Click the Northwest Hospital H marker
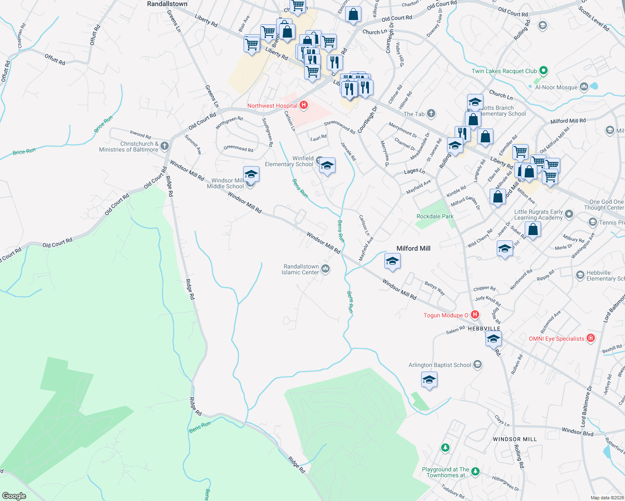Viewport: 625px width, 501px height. click(x=304, y=106)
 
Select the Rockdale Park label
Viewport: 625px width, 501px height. click(x=435, y=216)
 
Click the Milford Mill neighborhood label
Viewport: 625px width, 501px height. click(x=413, y=248)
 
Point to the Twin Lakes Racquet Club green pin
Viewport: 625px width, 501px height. click(x=544, y=71)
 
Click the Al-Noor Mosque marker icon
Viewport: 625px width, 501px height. click(x=584, y=87)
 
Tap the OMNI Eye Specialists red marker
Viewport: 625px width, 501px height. click(x=591, y=338)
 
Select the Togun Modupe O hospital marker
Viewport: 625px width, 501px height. click(x=475, y=315)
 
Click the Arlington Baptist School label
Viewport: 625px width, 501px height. click(x=440, y=365)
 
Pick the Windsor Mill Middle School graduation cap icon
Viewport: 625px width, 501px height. click(x=251, y=174)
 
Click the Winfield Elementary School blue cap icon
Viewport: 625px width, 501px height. click(x=327, y=166)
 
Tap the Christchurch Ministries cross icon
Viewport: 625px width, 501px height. click(x=165, y=146)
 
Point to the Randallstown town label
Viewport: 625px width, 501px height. click(x=167, y=4)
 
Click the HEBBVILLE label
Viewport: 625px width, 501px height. click(x=484, y=329)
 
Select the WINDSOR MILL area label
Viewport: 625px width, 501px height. click(x=515, y=439)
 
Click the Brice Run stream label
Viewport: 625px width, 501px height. click(x=24, y=152)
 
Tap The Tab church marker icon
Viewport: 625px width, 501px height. click(x=431, y=114)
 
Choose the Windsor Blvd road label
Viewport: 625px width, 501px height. click(x=577, y=432)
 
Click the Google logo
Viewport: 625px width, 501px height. click(x=14, y=496)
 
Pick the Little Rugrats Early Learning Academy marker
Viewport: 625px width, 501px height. click(x=569, y=214)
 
